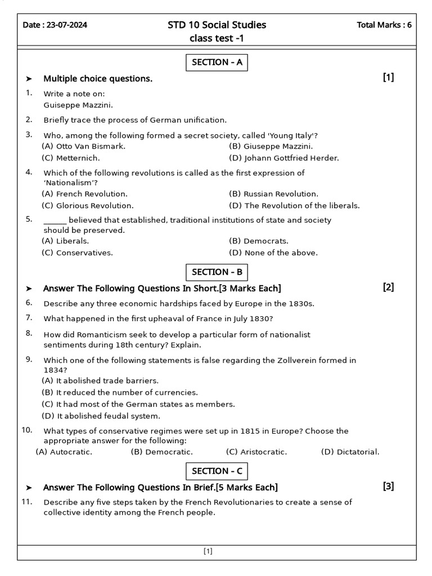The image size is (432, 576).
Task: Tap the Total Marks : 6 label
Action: [384, 25]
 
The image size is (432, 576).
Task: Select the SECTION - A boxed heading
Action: [217, 62]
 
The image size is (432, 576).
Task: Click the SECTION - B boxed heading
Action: [217, 272]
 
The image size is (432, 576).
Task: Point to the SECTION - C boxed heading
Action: [217, 471]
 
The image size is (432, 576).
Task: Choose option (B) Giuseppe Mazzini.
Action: [271, 146]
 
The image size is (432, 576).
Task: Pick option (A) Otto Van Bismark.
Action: [83, 146]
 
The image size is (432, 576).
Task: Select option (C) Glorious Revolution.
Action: [88, 206]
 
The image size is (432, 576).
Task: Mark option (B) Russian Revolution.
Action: [273, 194]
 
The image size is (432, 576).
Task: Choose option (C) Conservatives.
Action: [77, 253]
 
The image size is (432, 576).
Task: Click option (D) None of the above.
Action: [273, 253]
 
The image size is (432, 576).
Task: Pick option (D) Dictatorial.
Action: [350, 452]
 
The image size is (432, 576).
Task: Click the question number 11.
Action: [26, 501]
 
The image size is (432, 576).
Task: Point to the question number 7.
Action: [29, 318]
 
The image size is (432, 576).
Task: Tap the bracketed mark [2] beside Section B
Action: [389, 287]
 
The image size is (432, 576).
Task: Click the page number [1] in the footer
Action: [208, 552]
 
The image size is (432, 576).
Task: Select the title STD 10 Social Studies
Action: [217, 25]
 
